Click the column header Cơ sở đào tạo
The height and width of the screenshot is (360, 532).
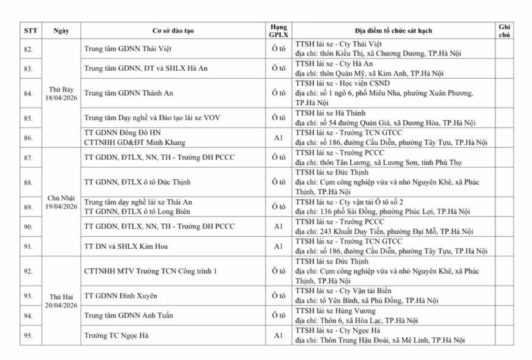(x=173, y=31)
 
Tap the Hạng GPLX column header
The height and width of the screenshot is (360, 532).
(x=278, y=31)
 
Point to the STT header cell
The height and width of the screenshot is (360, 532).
(x=30, y=31)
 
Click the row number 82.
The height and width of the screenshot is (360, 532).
(x=28, y=49)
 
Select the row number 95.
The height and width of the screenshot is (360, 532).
(x=28, y=336)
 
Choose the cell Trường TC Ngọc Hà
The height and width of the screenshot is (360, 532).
(x=116, y=336)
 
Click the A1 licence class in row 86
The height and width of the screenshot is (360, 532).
(x=278, y=138)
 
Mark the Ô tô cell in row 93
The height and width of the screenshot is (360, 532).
(x=278, y=296)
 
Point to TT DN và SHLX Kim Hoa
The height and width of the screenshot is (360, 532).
(x=126, y=247)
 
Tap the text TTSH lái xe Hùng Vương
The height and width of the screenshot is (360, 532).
(x=334, y=311)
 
